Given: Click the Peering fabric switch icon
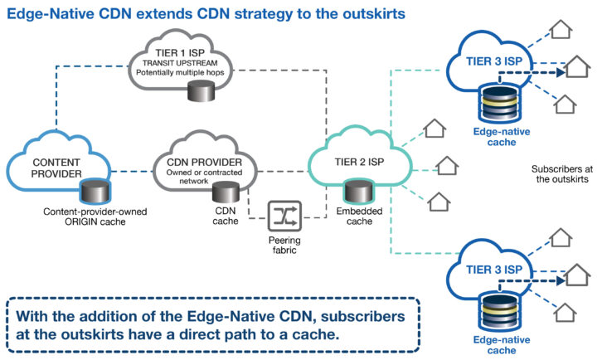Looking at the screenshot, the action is tap(284, 216).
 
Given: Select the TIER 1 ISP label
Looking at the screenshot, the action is tap(180, 52).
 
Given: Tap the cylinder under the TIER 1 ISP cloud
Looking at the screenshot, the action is tap(201, 91).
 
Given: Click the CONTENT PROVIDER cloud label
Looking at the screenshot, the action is tap(56, 168).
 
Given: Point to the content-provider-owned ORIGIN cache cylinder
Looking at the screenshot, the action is tap(95, 191).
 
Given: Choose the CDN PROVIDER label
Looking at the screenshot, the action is tap(204, 162).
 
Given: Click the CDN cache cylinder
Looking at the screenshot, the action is tap(226, 192).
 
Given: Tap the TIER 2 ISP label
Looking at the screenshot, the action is tap(359, 162).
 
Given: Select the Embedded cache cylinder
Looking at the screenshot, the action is tap(359, 191).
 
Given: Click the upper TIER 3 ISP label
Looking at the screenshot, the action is tap(494, 61).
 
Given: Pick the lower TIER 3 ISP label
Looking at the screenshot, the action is tap(494, 270).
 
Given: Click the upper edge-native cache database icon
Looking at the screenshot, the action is tap(500, 104).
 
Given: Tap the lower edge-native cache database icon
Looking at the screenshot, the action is tap(500, 312).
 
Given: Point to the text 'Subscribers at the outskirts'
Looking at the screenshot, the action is tap(562, 174).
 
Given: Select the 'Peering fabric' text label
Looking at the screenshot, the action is tap(284, 246).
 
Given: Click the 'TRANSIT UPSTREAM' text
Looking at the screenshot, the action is tap(180, 63).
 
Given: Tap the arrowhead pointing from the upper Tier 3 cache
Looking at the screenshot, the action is tap(561, 72).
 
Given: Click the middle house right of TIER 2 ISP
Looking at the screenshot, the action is tap(447, 166).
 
